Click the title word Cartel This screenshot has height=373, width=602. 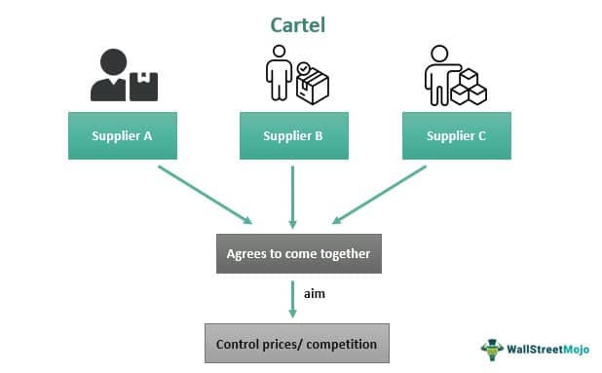tap(297, 23)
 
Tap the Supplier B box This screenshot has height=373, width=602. tap(292, 136)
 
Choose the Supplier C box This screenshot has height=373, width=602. tap(456, 136)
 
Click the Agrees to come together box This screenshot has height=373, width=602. tap(297, 253)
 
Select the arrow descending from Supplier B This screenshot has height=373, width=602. tap(292, 195)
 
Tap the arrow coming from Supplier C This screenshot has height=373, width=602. tap(380, 193)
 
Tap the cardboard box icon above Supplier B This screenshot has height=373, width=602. tap(314, 88)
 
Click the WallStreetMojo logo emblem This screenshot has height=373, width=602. tap(494, 349)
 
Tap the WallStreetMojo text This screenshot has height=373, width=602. tap(547, 349)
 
